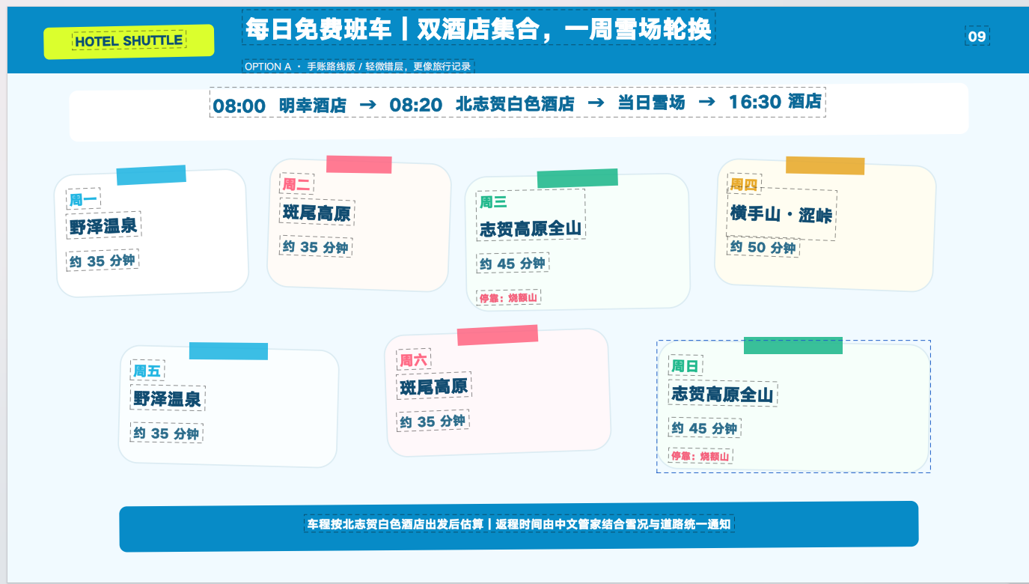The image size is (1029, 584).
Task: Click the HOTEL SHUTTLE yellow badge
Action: coord(129,41)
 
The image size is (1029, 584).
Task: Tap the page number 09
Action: coord(977,36)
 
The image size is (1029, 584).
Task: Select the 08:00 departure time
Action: coord(239,106)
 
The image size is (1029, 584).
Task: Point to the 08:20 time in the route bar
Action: coord(416,105)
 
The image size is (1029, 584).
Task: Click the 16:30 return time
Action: coord(755,102)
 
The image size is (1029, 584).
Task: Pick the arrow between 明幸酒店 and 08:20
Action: coord(368,105)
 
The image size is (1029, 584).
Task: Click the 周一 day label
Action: coord(83,199)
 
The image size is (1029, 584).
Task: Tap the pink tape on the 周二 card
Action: coord(358,165)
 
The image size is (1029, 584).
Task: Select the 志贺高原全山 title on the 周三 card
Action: coord(531,229)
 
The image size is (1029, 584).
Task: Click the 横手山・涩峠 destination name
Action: coord(781,215)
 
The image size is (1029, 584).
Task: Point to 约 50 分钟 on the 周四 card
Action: coord(763,248)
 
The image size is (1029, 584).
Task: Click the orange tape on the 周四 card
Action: coord(825,165)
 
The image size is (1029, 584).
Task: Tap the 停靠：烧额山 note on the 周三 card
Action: coord(508,298)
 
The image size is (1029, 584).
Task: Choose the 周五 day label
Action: coord(147,371)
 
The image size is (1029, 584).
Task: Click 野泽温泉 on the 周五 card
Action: coord(167,399)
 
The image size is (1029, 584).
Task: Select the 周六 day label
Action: coord(413,360)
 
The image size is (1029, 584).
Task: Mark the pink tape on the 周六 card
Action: coord(498,335)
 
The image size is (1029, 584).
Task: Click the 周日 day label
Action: coord(685,366)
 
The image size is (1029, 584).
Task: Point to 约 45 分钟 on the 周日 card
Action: coord(704,428)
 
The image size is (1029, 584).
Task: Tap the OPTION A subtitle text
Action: coord(358,67)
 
